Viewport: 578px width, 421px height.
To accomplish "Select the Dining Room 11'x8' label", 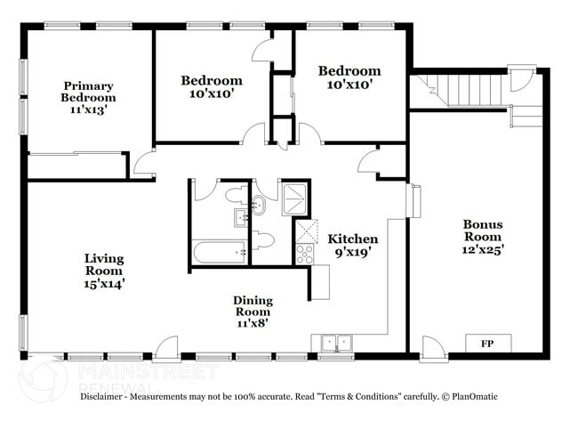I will pyautogui.click(x=253, y=312).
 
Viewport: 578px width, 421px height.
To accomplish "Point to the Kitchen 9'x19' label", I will pyautogui.click(x=353, y=245).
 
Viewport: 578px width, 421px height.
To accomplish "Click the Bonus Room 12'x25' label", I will pyautogui.click(x=483, y=238).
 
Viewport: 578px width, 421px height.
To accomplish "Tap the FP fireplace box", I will pyautogui.click(x=487, y=343).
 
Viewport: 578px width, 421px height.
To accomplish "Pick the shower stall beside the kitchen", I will pyautogui.click(x=294, y=198).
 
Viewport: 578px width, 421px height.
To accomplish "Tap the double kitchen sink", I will pyautogui.click(x=335, y=342).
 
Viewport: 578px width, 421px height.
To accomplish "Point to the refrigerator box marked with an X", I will pyautogui.click(x=309, y=231).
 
